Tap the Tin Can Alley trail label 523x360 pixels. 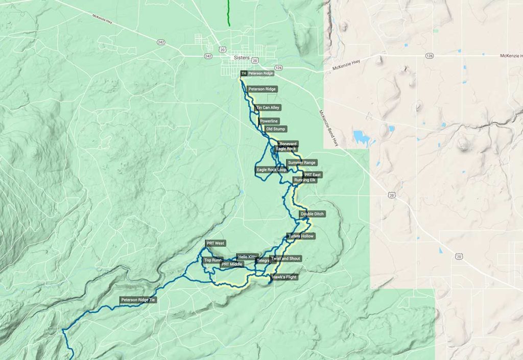coord(268,108)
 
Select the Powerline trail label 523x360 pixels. coord(269,121)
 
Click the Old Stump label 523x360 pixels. coord(276,129)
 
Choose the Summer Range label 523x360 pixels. coord(302,162)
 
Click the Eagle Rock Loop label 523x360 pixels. coord(272,170)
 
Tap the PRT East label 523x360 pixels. coord(313,175)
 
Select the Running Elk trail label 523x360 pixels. coord(305,180)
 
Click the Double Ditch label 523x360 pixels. coord(312,214)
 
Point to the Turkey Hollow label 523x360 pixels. coord(301,236)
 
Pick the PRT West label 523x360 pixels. coord(216,244)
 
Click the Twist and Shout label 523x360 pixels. coord(286,259)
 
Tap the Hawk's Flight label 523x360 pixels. coord(284,277)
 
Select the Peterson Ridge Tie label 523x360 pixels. coord(137,300)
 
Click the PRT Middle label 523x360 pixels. coord(232,265)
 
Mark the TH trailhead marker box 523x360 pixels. coord(244,74)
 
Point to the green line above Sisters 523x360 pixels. coord(229,13)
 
